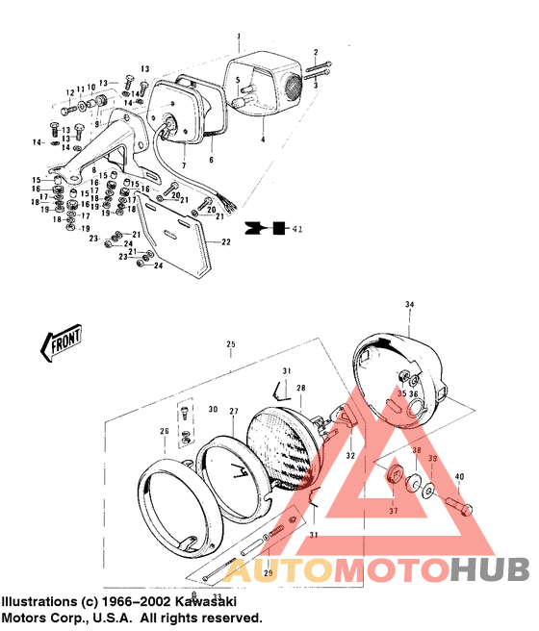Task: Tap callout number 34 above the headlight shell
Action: [x=409, y=304]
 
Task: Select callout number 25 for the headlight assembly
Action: [x=230, y=344]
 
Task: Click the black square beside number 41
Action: [x=278, y=230]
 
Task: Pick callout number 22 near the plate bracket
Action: [x=224, y=242]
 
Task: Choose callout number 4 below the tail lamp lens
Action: [x=262, y=139]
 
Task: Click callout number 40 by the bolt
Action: [x=459, y=476]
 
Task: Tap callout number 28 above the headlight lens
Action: [x=300, y=388]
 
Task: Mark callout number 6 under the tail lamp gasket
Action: [x=211, y=160]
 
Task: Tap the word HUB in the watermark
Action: [x=490, y=569]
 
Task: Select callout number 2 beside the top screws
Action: [x=315, y=51]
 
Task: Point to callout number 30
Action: [x=213, y=409]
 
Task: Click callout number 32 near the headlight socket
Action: [x=350, y=455]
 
